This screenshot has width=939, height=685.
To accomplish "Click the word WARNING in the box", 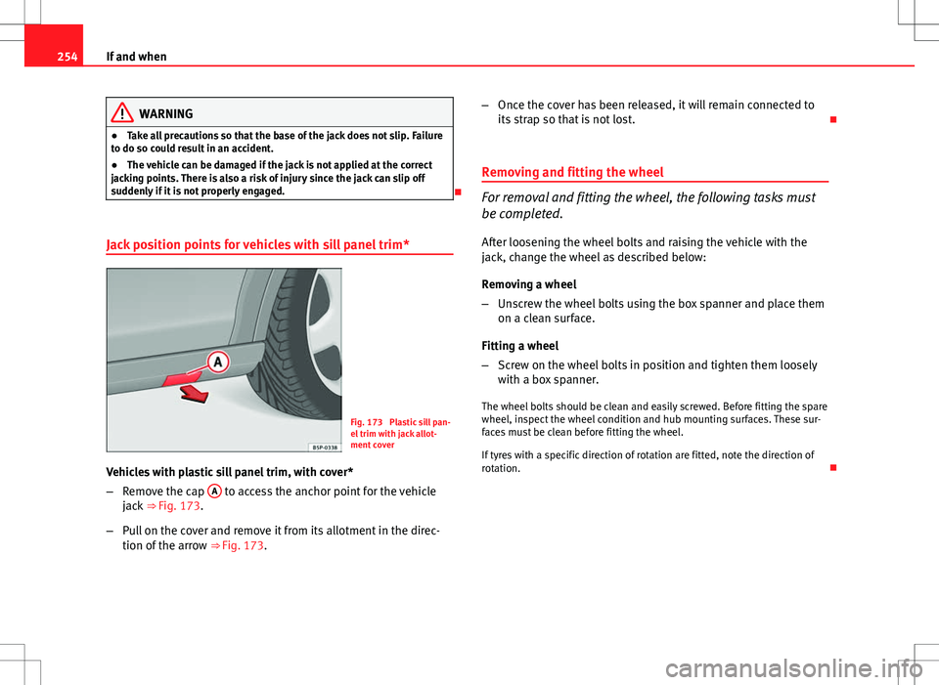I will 165,114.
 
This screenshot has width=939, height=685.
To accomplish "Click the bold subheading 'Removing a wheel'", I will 527,283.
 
